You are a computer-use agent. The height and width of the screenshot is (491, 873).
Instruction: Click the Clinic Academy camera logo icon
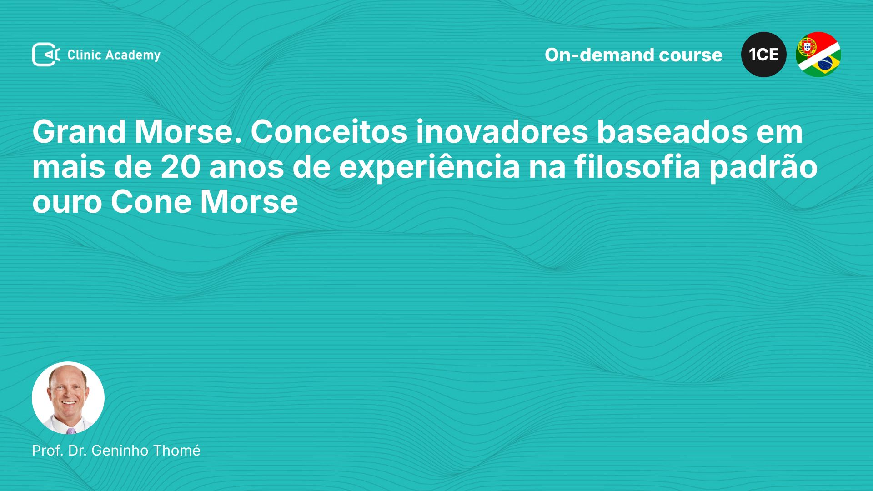46,55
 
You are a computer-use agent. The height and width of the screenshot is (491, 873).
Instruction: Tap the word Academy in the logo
133,55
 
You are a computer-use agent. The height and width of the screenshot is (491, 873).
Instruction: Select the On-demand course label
633,55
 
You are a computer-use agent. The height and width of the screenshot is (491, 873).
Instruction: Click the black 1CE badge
764,55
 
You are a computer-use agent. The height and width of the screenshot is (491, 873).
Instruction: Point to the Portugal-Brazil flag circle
818,55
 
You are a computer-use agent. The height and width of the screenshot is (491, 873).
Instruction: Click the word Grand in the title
79,132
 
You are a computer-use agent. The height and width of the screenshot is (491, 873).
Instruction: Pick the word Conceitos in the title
329,132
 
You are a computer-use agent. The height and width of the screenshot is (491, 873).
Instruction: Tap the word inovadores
502,132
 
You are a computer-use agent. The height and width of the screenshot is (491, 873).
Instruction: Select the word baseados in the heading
672,132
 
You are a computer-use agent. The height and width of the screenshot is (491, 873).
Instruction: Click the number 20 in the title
181,167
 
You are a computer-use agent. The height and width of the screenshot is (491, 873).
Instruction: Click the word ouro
67,203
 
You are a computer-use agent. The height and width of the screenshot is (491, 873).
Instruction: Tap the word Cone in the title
151,202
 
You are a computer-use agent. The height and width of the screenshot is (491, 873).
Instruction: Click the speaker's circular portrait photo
68,398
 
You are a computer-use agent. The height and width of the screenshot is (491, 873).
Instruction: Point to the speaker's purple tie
71,431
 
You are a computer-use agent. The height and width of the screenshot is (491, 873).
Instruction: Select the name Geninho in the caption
120,451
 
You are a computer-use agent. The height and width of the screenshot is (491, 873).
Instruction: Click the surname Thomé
177,451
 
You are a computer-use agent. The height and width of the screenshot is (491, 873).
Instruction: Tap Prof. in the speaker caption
48,451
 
